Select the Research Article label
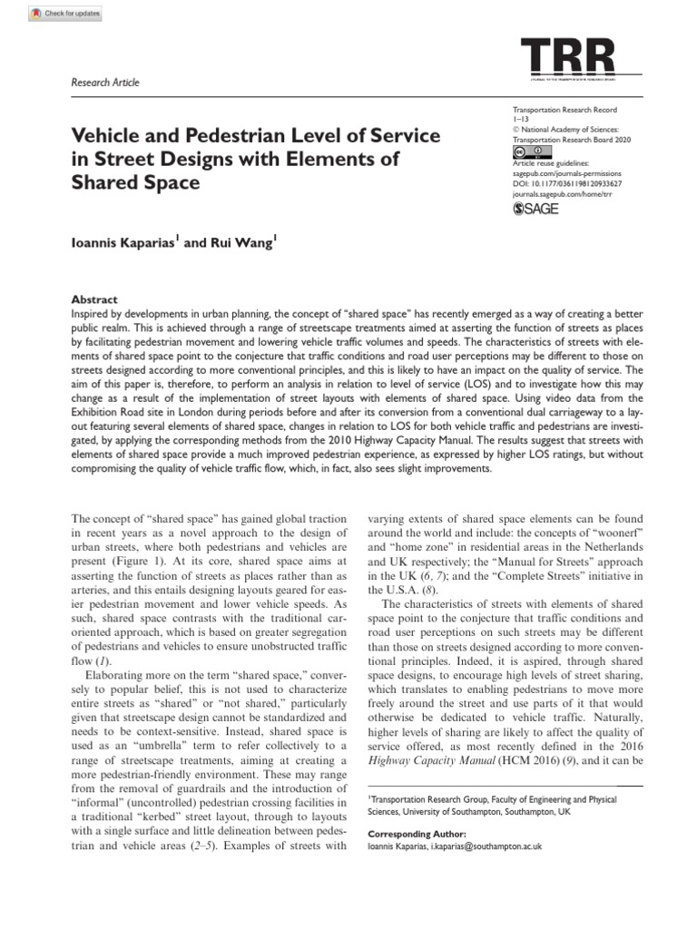tap(105, 83)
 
